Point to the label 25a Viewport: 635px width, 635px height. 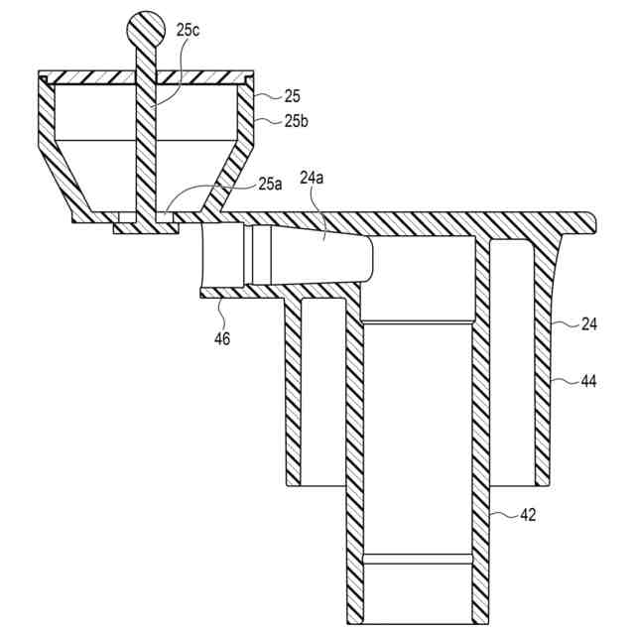coord(269,184)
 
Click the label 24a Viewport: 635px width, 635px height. coord(314,180)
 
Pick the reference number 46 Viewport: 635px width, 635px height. coord(222,338)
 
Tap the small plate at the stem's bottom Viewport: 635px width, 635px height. coord(146,228)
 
